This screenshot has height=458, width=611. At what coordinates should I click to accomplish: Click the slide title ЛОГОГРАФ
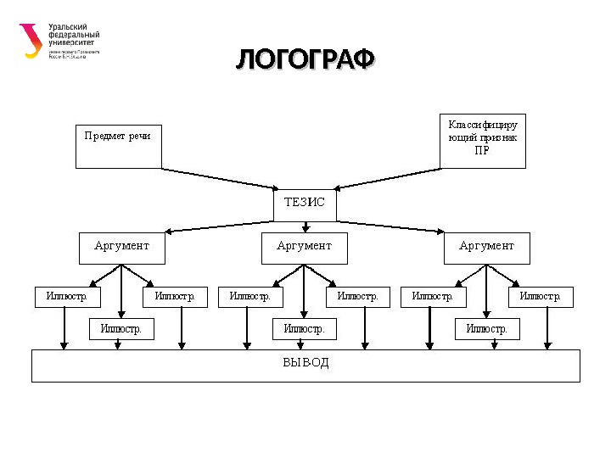click(x=305, y=60)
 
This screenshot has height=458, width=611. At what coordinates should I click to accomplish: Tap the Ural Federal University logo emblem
click(x=31, y=40)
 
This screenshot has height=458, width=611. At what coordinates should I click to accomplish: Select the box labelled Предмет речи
click(x=118, y=145)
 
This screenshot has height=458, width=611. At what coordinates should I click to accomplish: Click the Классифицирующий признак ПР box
click(x=483, y=140)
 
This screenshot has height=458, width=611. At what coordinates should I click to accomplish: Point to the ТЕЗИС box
click(x=305, y=204)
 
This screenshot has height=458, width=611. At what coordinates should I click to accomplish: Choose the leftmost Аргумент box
click(x=121, y=248)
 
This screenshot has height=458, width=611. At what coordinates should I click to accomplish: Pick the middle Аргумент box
click(x=304, y=248)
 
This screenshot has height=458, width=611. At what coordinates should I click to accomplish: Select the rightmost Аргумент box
click(x=486, y=248)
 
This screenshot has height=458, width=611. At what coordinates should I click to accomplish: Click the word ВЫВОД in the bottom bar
click(x=305, y=363)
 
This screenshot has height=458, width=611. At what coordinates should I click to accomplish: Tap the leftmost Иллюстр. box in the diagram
click(x=67, y=297)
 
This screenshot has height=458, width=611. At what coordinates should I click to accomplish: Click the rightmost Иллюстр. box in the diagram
click(x=541, y=297)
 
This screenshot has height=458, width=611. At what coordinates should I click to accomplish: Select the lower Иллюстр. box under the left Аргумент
click(x=121, y=329)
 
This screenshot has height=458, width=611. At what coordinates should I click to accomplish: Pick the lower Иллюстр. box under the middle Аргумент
click(x=304, y=329)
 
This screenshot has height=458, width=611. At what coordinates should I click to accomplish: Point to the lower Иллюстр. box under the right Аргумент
click(x=486, y=329)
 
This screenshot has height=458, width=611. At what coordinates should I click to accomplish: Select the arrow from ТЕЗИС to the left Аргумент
click(x=221, y=226)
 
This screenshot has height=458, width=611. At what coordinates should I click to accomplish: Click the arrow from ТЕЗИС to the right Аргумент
click(x=390, y=226)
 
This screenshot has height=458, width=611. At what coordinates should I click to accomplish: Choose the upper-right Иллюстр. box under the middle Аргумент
click(x=358, y=297)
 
